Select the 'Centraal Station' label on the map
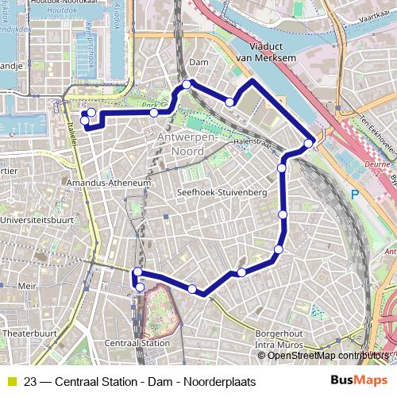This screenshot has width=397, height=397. pyautogui.click(x=137, y=343)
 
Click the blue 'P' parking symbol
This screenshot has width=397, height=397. pyautogui.click(x=355, y=193)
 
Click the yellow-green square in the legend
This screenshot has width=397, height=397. pyautogui.click(x=11, y=382)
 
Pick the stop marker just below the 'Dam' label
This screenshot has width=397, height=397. pyautogui.click(x=187, y=84)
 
